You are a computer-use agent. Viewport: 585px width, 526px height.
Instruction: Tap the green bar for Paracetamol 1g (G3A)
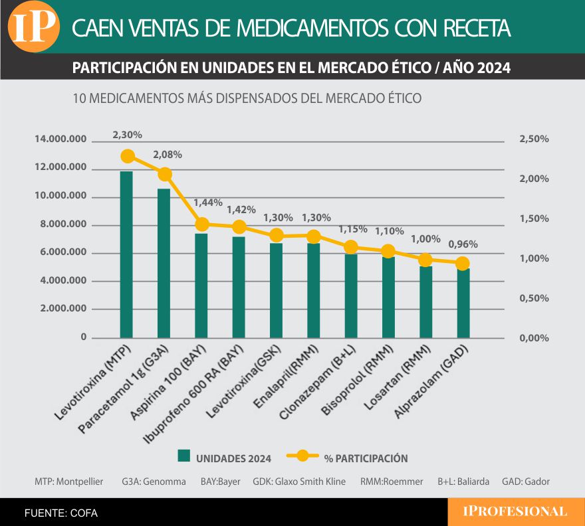click(164, 262)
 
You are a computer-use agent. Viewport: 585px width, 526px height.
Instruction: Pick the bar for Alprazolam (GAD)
click(463, 303)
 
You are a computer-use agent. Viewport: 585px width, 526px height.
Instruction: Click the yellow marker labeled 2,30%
click(128, 157)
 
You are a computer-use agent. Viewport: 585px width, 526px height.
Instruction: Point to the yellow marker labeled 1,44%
click(202, 224)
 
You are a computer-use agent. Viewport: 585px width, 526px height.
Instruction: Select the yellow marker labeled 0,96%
click(463, 263)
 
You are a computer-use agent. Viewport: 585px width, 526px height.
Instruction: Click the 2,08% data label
click(168, 155)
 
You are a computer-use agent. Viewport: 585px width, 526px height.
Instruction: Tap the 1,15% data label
click(352, 229)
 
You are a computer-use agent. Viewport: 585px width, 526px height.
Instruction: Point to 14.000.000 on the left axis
click(60, 139)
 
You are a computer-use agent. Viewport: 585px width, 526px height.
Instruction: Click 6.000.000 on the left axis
click(64, 253)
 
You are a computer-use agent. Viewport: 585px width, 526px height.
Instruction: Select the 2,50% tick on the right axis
click(534, 139)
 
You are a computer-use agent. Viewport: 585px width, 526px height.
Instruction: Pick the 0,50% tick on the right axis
click(534, 298)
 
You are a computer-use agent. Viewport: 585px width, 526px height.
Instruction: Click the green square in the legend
click(183, 456)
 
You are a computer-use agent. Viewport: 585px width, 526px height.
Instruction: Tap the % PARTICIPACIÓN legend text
click(366, 458)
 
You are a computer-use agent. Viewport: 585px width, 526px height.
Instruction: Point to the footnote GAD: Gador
click(526, 482)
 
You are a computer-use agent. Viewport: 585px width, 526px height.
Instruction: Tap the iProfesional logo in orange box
click(515, 511)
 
